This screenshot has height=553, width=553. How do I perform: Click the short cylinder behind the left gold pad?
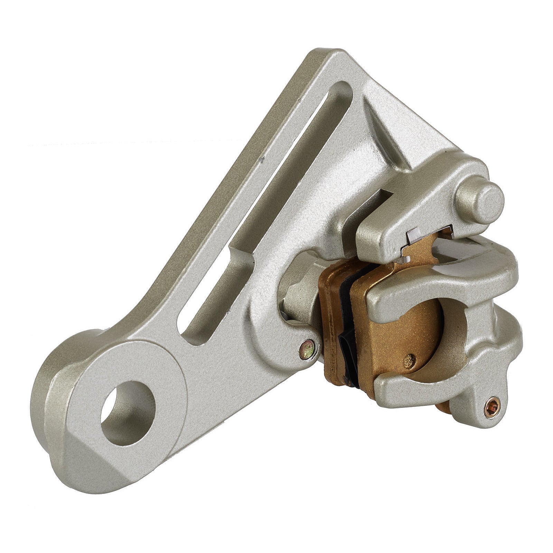pyautogui.click(x=297, y=297)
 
